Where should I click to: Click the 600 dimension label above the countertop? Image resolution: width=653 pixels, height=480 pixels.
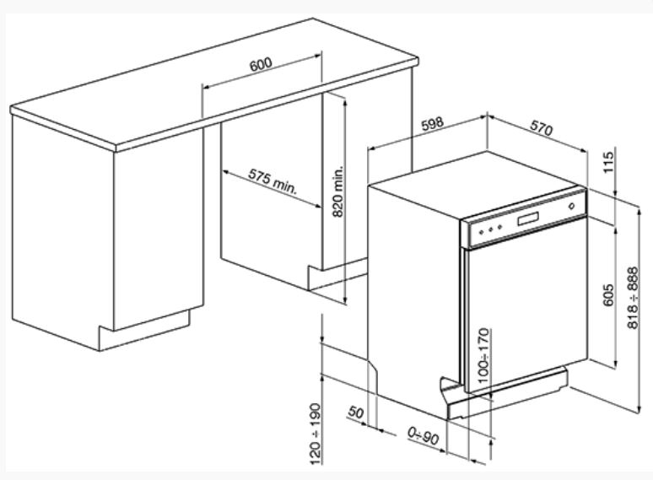click(261, 64)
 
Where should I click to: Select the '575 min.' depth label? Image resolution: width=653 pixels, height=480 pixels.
click(273, 181)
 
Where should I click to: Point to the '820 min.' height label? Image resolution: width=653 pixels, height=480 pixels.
click(337, 191)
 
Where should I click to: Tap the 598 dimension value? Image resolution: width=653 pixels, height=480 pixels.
click(432, 124)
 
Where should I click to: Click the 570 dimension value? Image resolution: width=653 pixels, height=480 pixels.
click(542, 128)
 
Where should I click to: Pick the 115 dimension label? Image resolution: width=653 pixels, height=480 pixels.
click(608, 162)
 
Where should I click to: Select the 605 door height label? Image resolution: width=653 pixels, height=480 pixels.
click(608, 294)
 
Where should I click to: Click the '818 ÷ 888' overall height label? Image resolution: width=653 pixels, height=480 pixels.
click(633, 298)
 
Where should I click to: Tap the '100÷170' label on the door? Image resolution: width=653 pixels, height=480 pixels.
click(483, 355)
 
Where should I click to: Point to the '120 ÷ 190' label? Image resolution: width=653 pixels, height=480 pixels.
click(316, 434)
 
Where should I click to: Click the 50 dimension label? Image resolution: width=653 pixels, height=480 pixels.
click(355, 413)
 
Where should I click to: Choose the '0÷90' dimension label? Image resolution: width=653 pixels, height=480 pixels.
click(424, 436)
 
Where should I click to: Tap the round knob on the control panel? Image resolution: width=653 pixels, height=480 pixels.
click(571, 206)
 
